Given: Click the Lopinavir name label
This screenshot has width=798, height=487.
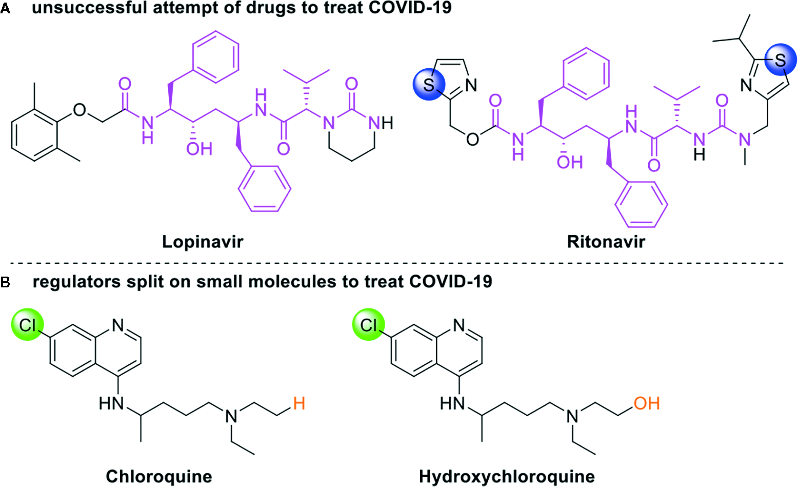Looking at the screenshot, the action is pos(203,241).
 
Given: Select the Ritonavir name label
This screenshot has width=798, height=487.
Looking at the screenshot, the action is pos(606,241).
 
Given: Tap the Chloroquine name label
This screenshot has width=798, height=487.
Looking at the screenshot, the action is pos(159,476).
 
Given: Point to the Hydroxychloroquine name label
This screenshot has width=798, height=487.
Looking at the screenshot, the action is pos(507,476).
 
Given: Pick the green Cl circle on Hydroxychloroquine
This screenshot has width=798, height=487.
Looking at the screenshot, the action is pos(368,325).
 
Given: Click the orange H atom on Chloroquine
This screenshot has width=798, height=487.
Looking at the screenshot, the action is pos(299,403).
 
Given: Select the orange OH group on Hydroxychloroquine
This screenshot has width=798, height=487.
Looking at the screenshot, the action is pos(647,403).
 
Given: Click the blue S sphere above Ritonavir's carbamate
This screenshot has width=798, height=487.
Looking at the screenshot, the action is pos(429,85).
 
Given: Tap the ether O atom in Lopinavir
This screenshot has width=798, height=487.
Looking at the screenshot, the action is pos(79,109).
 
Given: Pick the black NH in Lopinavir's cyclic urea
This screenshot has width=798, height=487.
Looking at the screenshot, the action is pos(380,123).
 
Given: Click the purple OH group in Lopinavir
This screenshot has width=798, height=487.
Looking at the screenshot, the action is pos(199,149).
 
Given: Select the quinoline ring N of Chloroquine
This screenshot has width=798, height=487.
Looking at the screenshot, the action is pos(118,325).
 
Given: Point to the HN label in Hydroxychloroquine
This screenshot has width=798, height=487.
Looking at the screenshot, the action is pos(453,404).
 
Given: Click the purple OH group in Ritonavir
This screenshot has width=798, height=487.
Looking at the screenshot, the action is pos(570,163).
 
